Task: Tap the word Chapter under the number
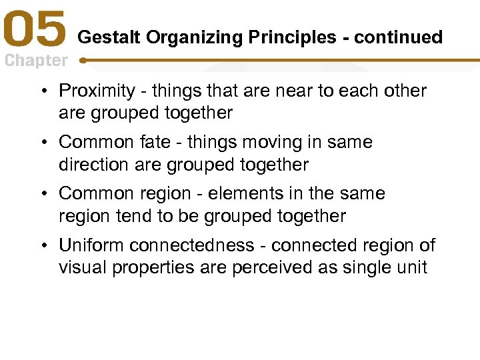point(36,61)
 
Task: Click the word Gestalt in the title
point(109,37)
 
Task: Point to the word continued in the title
point(398,37)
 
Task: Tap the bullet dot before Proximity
point(49,91)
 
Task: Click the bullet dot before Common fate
point(49,142)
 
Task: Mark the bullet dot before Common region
point(49,193)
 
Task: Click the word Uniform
point(92,245)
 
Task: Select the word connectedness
point(197,245)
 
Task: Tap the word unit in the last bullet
point(413,267)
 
